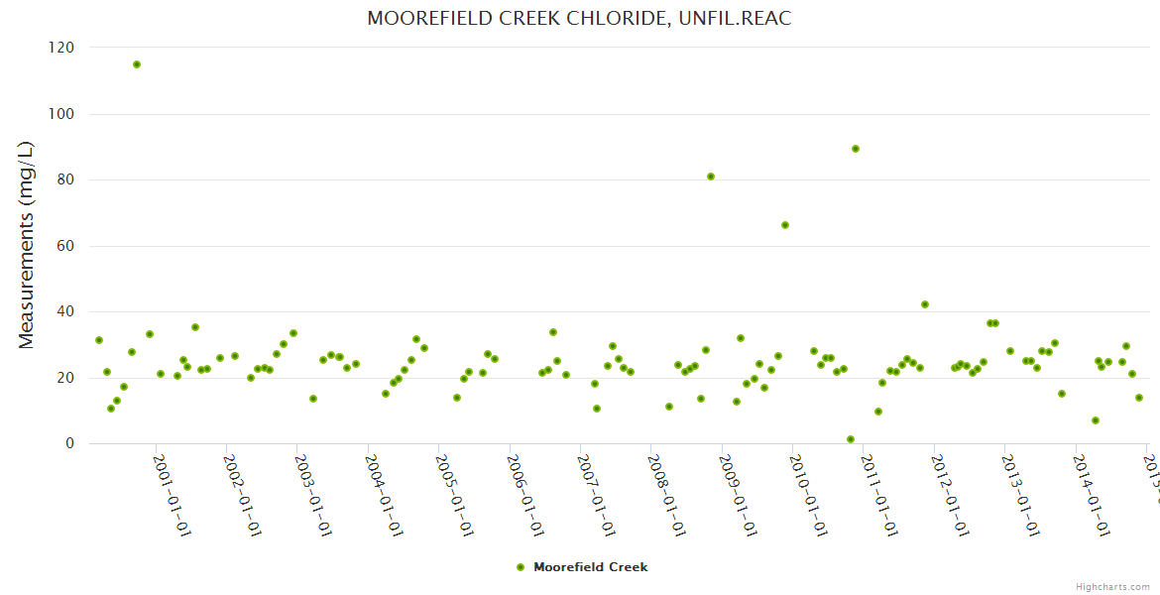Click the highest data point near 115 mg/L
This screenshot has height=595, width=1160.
coord(137,64)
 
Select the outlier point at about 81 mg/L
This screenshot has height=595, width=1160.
coord(711,177)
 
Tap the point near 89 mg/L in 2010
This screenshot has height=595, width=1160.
coord(856,149)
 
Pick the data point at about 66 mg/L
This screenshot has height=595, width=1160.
coord(785,225)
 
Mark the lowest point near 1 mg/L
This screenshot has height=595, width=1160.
coord(851,439)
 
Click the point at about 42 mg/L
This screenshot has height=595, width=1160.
coord(925,304)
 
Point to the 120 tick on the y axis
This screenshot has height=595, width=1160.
coord(61,48)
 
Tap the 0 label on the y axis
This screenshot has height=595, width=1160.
coord(69,444)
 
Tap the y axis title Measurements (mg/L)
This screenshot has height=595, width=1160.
coord(27,244)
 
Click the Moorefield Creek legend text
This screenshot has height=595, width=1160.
coord(591,567)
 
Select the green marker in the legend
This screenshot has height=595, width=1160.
coord(521,567)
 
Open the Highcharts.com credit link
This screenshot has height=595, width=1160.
coord(1112,586)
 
